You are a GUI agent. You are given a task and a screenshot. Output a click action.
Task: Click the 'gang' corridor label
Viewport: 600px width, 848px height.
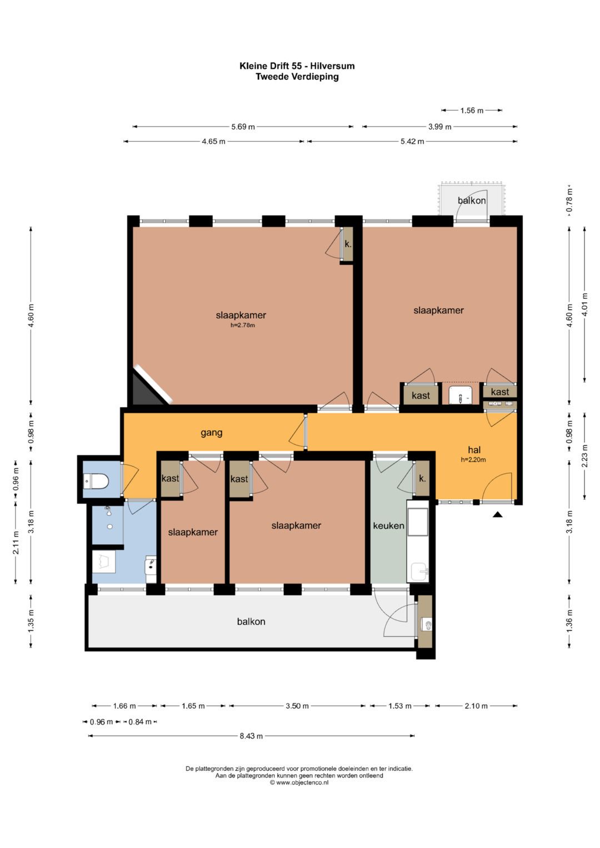211,433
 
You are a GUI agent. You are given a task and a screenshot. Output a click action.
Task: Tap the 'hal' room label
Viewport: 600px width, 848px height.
474,449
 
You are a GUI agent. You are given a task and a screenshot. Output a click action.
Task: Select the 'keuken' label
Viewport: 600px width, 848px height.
389,525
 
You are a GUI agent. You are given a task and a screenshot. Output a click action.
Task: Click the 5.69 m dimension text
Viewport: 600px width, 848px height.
243,127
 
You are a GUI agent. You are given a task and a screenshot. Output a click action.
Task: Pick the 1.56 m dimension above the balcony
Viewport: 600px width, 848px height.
472,111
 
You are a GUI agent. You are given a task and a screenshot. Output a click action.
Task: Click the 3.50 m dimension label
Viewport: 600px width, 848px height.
297,706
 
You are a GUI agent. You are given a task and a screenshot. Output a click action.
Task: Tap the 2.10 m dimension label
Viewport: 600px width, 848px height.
476,706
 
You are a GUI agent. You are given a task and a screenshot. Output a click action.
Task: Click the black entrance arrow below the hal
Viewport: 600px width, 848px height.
498,514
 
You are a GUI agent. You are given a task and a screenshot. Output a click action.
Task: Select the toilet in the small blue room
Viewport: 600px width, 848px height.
96,481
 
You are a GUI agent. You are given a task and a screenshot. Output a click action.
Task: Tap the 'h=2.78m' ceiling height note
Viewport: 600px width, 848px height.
242,325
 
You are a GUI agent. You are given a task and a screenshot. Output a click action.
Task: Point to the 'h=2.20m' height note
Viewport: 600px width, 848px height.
473,460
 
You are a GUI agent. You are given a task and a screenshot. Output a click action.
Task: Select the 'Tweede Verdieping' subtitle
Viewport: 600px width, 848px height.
297,77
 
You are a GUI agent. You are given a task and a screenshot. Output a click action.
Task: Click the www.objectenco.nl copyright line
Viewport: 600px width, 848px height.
299,783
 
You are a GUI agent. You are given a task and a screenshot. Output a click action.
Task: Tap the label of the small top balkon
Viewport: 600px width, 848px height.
472,200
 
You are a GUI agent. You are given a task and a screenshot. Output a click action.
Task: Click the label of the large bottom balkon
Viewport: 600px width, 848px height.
251,621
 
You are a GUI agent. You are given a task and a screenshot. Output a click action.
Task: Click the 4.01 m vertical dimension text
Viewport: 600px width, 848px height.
584,305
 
